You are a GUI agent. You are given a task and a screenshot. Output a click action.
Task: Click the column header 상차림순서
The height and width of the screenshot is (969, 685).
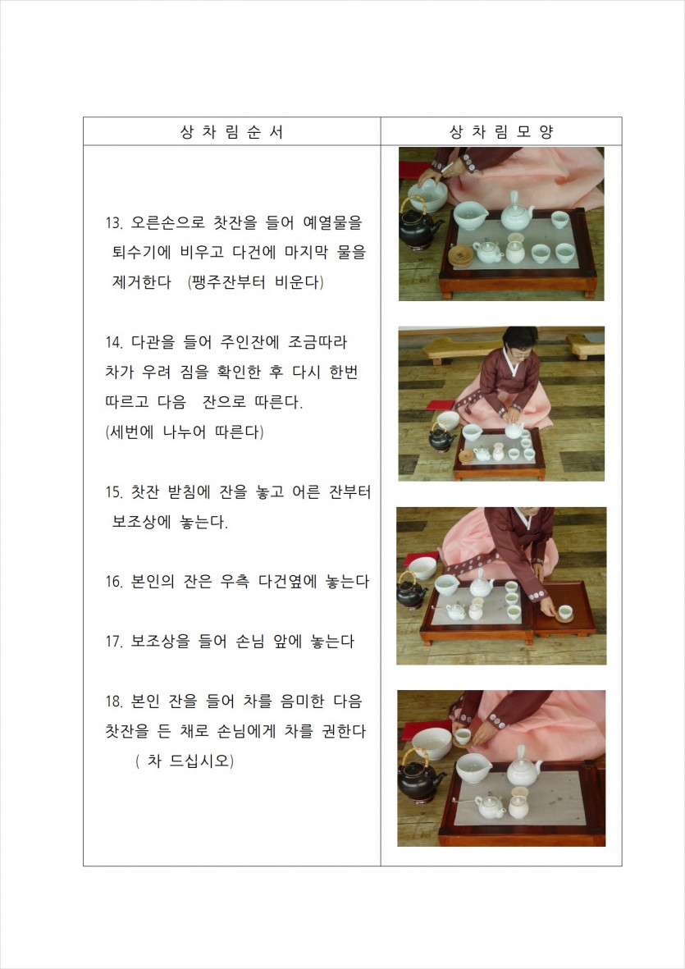click(231, 131)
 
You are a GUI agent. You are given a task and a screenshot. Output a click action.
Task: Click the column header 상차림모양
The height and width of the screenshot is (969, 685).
click(501, 131)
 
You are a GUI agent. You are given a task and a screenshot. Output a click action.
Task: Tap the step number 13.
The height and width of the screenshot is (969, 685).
click(114, 223)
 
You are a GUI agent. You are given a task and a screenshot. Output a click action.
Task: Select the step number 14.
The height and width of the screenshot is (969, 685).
click(114, 342)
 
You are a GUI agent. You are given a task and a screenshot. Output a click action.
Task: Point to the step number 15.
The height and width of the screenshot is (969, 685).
click(114, 492)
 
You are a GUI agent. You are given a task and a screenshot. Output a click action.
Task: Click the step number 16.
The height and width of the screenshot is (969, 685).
click(114, 583)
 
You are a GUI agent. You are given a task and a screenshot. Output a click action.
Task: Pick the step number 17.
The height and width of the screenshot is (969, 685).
click(114, 642)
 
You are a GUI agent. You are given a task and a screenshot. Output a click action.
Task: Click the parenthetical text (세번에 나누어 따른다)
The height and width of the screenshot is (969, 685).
click(185, 432)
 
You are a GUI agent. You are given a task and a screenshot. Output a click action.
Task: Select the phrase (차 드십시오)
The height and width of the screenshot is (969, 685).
click(185, 761)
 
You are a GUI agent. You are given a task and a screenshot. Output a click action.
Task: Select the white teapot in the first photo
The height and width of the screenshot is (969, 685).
click(516, 214)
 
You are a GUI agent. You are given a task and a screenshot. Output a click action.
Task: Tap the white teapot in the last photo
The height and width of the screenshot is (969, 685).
click(523, 769)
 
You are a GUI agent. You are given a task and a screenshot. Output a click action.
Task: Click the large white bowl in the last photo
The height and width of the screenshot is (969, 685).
click(432, 743)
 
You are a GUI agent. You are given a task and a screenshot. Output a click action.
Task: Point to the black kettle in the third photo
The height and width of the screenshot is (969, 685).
click(411, 592)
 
